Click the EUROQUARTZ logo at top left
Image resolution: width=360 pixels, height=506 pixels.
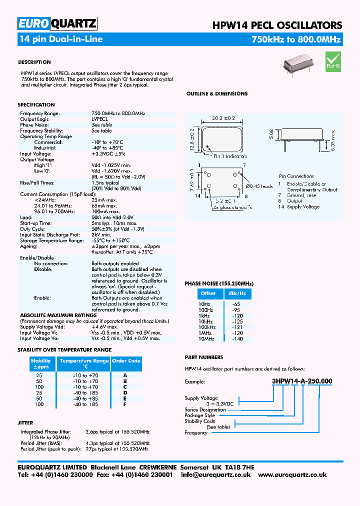(x=57, y=23)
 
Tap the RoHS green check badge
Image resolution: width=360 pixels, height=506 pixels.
(x=333, y=60)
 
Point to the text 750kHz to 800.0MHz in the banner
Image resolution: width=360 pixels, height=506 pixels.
(x=296, y=39)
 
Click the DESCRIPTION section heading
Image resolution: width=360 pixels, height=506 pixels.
(x=34, y=62)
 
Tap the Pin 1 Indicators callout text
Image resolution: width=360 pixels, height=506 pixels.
(x=230, y=156)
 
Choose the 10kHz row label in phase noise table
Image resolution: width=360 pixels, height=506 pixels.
(x=206, y=322)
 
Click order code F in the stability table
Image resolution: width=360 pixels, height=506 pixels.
(x=125, y=403)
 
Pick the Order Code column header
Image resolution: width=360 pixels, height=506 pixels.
(x=126, y=360)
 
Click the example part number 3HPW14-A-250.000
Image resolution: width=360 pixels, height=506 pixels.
(x=301, y=381)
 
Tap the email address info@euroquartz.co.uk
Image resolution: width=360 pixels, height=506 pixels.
(x=216, y=474)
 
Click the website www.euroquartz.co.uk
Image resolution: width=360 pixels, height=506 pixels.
(x=292, y=474)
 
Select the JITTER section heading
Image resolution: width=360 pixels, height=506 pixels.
(x=25, y=423)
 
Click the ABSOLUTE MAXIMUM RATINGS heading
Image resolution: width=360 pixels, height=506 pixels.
(x=58, y=315)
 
